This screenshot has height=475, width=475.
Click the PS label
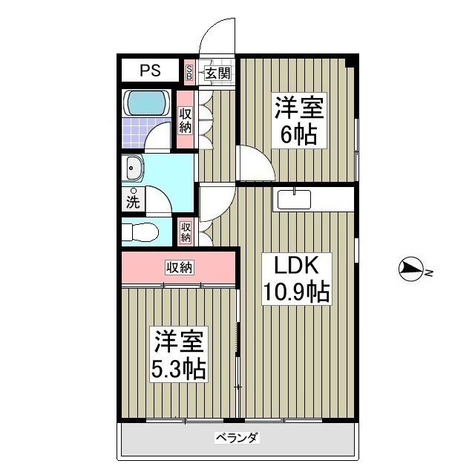pos(151,71)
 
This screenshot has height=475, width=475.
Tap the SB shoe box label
pos(189,72)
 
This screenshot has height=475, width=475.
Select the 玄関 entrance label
pos(216,73)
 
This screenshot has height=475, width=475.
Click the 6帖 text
pos(299,134)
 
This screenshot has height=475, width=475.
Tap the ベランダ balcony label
pos(236,437)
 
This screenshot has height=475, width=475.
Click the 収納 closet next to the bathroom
pos(184,121)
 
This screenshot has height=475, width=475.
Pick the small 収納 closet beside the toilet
pos(186,232)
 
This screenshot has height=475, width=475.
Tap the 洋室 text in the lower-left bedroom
pos(179,342)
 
